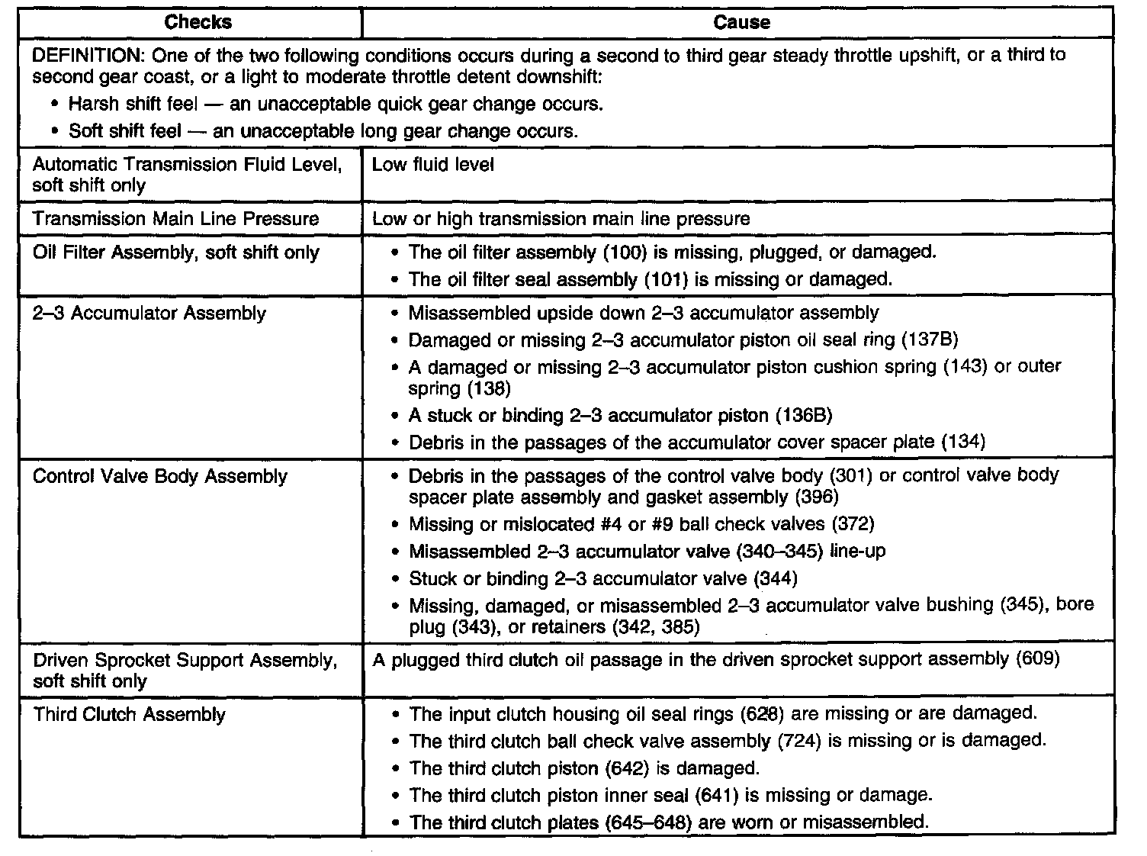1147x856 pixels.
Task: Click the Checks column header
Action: (x=198, y=22)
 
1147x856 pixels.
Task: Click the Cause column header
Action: (x=741, y=22)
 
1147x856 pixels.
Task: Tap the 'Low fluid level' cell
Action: (x=433, y=165)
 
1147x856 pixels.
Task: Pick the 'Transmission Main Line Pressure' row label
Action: (x=175, y=219)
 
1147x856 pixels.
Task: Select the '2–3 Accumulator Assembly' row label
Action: (x=149, y=314)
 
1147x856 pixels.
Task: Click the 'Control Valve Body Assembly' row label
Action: (x=160, y=477)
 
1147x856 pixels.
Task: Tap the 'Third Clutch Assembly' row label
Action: (x=129, y=715)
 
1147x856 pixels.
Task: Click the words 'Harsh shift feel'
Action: (x=133, y=104)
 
